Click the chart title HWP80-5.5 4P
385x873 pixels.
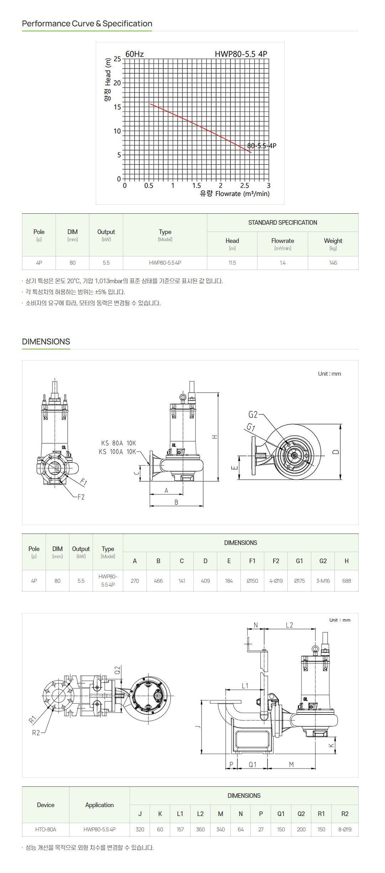click(x=241, y=54)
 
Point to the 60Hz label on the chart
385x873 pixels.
click(x=135, y=54)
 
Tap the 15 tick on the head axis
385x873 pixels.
click(x=117, y=107)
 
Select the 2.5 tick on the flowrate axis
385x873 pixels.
click(x=245, y=186)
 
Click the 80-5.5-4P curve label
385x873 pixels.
click(x=262, y=146)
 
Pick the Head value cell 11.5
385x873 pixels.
click(x=232, y=263)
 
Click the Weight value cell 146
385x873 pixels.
click(x=333, y=263)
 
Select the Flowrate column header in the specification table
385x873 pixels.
click(x=282, y=244)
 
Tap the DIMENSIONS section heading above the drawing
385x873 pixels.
click(x=46, y=342)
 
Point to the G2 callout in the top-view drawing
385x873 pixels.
click(x=253, y=415)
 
